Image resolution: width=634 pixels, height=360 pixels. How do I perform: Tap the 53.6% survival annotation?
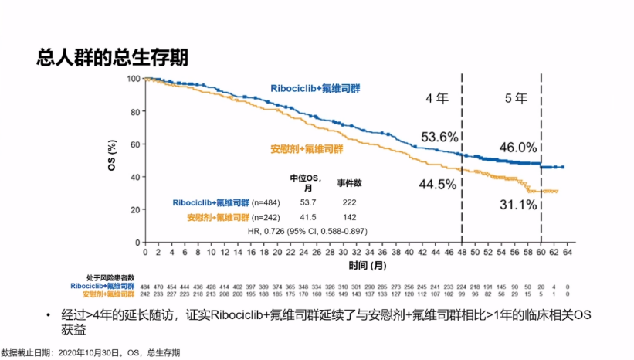pyautogui.click(x=440, y=137)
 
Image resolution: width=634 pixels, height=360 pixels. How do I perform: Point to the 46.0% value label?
pyautogui.click(x=517, y=147)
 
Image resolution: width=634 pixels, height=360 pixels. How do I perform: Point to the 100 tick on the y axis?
pyautogui.click(x=134, y=79)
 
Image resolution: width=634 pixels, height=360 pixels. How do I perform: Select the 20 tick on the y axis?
pyautogui.click(x=136, y=209)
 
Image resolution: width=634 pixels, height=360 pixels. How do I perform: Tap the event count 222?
pyautogui.click(x=349, y=203)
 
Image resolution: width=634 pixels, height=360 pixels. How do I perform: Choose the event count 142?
pyautogui.click(x=349, y=217)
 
